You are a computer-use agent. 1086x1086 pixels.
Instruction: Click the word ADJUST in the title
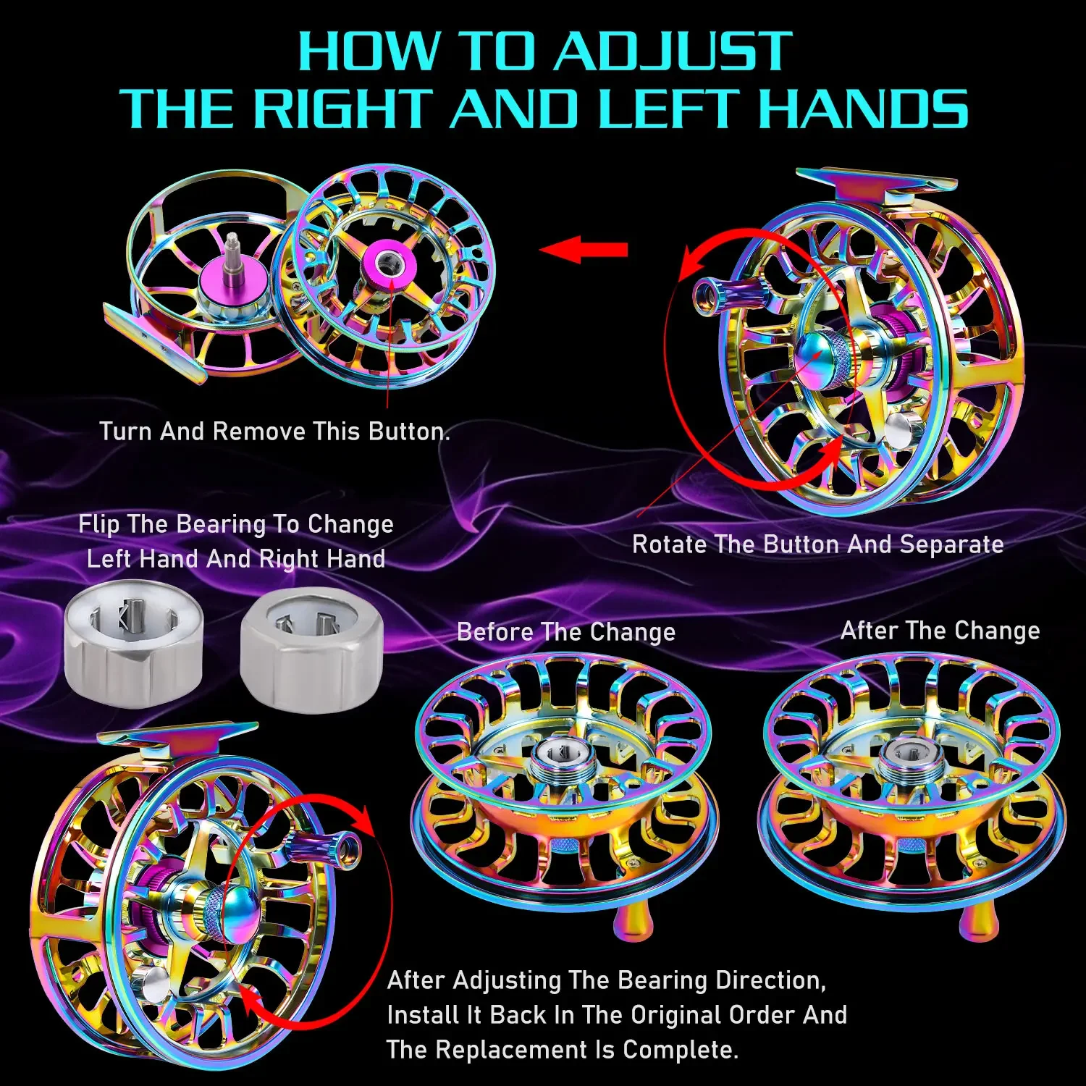click(674, 51)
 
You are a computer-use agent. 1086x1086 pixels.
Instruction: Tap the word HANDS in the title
click(862, 109)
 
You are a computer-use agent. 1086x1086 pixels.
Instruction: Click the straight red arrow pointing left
click(584, 250)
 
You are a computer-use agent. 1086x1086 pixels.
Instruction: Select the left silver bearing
click(134, 643)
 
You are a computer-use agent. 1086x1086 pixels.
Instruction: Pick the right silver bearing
click(311, 650)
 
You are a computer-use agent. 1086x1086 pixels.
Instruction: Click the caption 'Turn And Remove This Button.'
click(274, 432)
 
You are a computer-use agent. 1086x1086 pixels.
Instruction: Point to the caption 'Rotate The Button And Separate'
click(818, 544)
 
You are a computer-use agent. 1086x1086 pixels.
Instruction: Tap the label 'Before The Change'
click(566, 632)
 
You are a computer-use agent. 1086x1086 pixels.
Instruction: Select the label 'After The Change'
click(940, 631)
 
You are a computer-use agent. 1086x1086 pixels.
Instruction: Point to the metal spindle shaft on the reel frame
click(233, 260)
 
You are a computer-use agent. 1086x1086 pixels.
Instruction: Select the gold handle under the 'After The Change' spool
click(978, 922)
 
